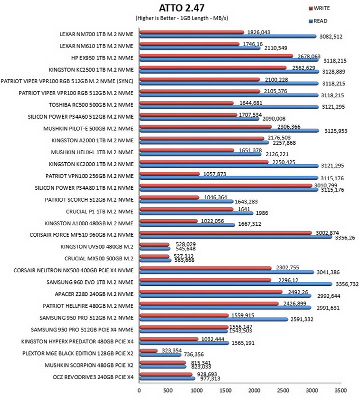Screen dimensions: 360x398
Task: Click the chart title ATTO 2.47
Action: (181, 8)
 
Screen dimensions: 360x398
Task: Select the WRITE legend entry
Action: (319, 9)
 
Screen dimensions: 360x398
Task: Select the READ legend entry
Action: (318, 21)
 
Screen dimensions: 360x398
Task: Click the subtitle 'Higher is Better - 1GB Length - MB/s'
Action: (182, 18)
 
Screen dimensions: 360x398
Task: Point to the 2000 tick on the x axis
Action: (254, 390)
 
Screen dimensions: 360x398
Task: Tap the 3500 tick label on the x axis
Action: (340, 390)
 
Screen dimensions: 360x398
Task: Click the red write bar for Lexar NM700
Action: (191, 32)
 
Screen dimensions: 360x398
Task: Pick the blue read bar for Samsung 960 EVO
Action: (236, 284)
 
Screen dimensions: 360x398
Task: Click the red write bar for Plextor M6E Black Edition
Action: (148, 350)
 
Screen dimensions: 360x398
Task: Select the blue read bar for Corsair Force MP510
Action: (236, 237)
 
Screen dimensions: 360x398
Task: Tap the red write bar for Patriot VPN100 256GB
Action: (169, 174)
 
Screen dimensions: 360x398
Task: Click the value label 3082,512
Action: (331, 37)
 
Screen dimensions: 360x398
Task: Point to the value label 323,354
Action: (171, 350)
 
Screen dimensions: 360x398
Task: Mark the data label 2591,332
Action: (301, 319)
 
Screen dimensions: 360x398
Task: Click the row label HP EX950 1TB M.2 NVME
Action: (102, 58)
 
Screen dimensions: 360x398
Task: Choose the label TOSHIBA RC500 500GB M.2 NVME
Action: (91, 105)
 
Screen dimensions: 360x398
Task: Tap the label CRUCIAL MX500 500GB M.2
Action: (99, 259)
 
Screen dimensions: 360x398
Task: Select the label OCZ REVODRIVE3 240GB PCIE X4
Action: (93, 377)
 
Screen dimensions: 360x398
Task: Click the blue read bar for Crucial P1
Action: (196, 213)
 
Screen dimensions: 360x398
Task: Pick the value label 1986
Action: (261, 213)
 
